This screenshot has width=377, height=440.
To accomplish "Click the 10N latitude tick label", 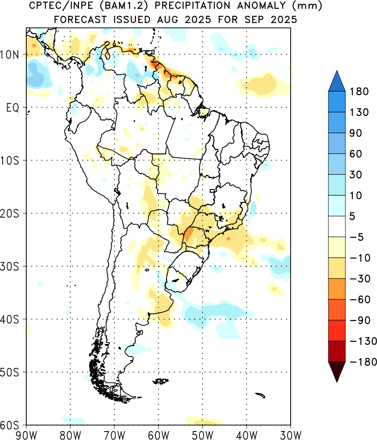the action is click(x=9, y=54).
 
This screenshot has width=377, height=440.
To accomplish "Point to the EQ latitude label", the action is click(x=12, y=107).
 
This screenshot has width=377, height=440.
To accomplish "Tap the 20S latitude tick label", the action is click(x=9, y=214).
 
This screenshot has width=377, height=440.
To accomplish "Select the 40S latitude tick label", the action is click(x=9, y=319).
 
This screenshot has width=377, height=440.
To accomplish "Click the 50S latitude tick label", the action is click(x=9, y=372).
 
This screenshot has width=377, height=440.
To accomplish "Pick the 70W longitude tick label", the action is click(x=114, y=435).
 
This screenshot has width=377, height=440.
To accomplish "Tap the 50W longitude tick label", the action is click(x=203, y=435).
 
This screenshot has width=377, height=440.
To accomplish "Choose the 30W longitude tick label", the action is click(x=291, y=435).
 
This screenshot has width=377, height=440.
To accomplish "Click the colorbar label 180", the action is click(x=359, y=91).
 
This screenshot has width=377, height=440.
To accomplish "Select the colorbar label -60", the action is click(x=360, y=300).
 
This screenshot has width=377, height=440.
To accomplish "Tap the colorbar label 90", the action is click(x=356, y=133).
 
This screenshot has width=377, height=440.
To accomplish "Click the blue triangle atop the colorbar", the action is click(x=336, y=81).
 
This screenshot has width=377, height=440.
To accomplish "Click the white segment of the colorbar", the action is click(x=336, y=226).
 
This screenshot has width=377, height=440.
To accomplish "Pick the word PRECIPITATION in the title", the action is click(x=192, y=6).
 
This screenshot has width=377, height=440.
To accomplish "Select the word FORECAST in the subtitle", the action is click(x=81, y=20).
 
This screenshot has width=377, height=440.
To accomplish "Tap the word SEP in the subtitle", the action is click(x=254, y=20).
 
